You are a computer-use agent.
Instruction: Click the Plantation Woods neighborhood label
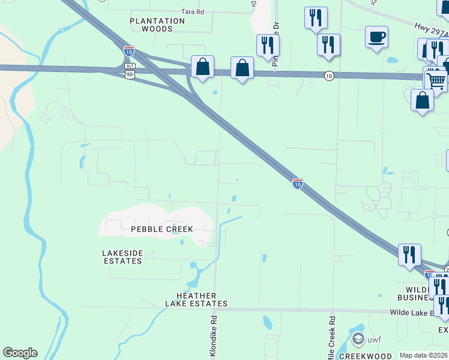coord(158,25)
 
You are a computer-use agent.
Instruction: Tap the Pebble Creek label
coord(162,229)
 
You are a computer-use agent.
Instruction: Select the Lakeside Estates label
coord(122,257)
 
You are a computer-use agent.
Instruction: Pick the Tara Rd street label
coord(193,11)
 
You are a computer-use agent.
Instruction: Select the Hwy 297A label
coord(431,31)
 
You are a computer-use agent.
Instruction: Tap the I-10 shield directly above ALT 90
coord(129,50)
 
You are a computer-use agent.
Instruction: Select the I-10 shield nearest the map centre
coord(297,184)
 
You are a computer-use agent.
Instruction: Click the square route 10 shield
coord(328,76)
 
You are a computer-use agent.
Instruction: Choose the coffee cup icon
coord(376,37)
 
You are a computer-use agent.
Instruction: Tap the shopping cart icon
coord(436,80)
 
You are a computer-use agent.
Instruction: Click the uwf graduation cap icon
coord(359,340)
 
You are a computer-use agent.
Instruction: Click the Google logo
coord(20,353)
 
